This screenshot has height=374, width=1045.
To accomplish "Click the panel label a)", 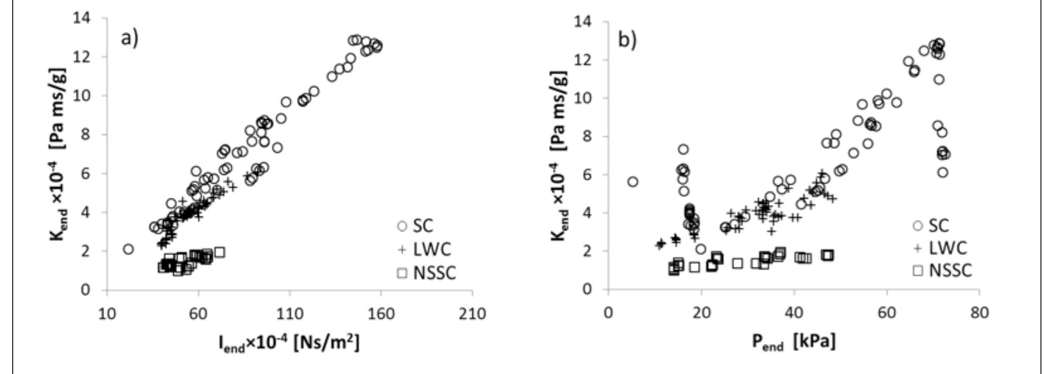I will [129, 39].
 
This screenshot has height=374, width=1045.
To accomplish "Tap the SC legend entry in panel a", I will [417, 225].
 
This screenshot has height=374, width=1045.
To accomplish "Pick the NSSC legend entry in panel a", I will [427, 273].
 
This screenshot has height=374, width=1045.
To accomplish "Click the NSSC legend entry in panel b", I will [943, 270].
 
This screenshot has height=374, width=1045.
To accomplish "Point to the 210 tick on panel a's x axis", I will [472, 313].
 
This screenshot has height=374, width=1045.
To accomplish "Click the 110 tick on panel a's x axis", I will [290, 313].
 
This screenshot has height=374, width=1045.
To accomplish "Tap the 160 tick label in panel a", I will [381, 313].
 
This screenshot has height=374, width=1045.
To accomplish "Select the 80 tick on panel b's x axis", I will [979, 312].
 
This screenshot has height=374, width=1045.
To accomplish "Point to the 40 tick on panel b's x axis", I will [794, 312].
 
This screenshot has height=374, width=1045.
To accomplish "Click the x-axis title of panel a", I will [289, 344].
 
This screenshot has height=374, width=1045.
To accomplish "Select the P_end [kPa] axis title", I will [794, 342].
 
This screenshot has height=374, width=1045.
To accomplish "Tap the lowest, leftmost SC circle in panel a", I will [128, 249].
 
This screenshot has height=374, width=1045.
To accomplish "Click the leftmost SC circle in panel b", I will [632, 182].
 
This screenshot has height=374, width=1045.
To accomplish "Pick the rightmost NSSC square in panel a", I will [219, 252].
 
